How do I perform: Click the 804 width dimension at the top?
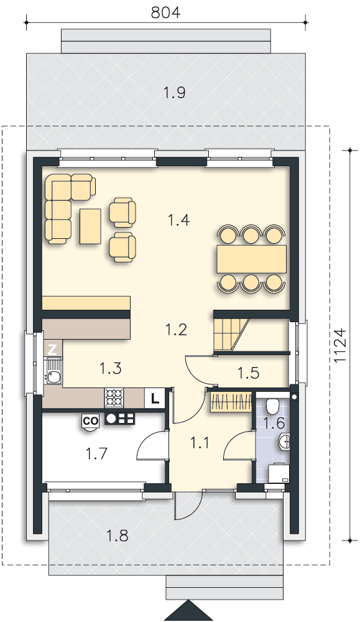coord(166,12)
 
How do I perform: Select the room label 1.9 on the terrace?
coord(175,93)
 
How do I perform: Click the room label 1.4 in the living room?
coord(179,220)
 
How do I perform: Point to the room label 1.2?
coord(176,329)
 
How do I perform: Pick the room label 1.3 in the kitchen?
coord(110,368)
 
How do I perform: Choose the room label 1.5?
coord(248,373)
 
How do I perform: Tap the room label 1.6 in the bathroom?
coord(274,424)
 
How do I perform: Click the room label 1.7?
coord(96,453)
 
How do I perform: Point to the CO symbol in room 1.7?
coord(90,421)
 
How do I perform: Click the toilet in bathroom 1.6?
coord(272,406)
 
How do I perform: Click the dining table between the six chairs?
coord(251,259)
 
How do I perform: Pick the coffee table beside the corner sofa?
coord(91,226)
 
